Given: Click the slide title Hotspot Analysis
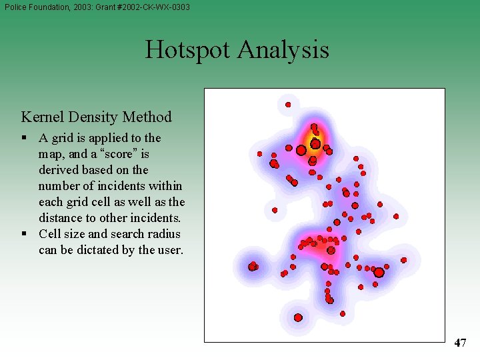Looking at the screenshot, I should (x=237, y=50).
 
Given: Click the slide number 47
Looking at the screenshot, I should (x=460, y=343).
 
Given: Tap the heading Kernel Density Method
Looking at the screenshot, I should (x=96, y=117).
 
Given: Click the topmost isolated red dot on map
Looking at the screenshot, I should (x=288, y=105).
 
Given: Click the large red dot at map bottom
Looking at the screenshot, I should (x=298, y=317).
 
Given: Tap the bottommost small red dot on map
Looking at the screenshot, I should (x=343, y=313).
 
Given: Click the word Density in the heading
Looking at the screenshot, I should (x=97, y=117).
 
